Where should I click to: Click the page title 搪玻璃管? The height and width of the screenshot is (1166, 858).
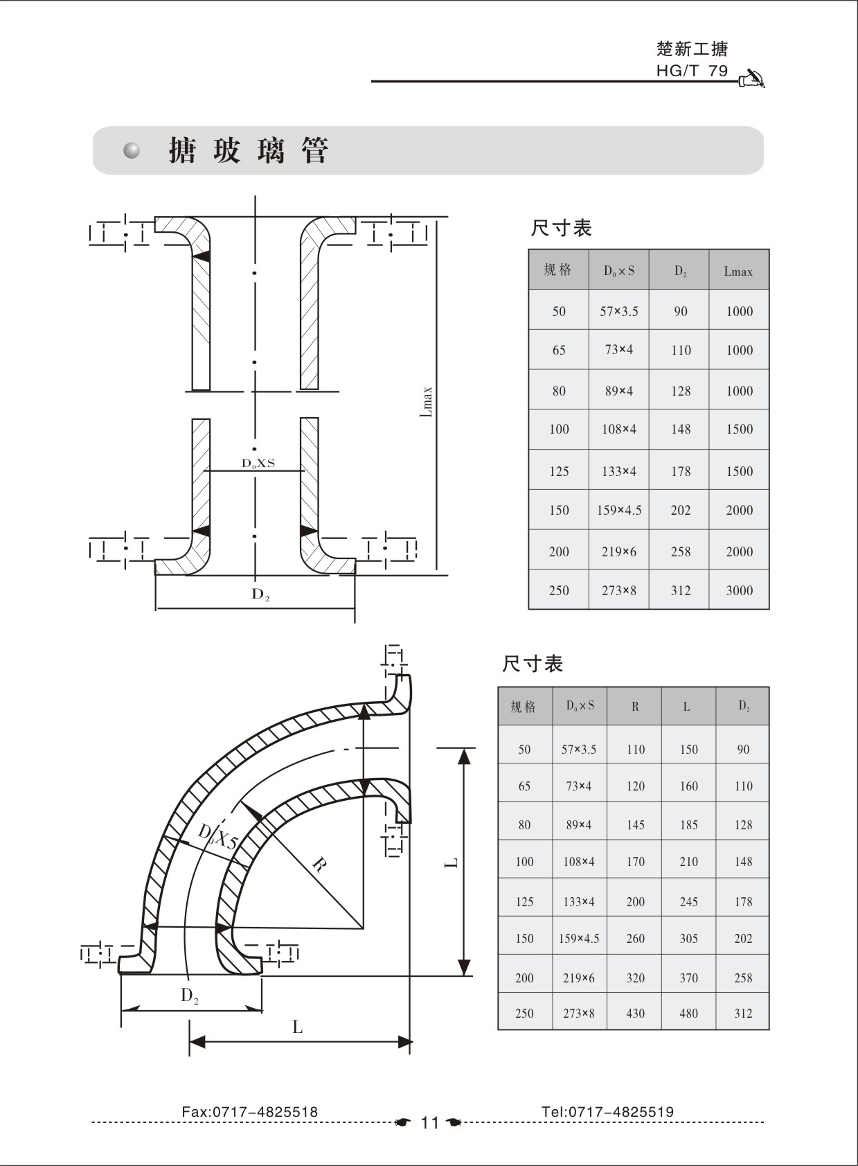click(249, 150)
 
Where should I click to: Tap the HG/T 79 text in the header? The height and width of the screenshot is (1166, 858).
click(692, 71)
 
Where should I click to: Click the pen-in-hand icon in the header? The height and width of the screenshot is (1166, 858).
click(752, 80)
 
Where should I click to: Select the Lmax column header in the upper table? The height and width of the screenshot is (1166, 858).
click(738, 272)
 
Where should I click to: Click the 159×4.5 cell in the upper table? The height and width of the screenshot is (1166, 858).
click(619, 511)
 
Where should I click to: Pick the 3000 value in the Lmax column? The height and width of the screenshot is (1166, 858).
click(739, 591)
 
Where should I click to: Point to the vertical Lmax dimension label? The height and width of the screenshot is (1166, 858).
click(427, 402)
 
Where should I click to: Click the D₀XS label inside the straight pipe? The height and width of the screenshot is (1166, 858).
click(258, 463)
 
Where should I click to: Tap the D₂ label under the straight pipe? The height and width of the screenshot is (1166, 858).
click(260, 594)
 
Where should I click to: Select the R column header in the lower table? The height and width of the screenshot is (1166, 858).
click(635, 707)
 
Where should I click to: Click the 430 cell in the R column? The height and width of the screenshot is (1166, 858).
click(635, 1014)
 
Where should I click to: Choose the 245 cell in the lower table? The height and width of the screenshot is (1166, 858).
click(688, 902)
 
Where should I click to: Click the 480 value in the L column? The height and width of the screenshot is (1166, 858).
click(688, 1014)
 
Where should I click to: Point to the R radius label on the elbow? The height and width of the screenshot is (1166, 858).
click(319, 864)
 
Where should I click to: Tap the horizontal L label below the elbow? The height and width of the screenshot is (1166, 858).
click(298, 1027)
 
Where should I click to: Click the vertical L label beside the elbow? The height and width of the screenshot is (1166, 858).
click(451, 863)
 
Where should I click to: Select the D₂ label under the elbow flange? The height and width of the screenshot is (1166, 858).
click(190, 996)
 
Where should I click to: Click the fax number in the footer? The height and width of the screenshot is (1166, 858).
click(249, 1112)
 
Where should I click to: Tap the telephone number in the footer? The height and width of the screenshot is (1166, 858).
click(607, 1112)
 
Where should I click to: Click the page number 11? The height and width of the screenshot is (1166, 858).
click(429, 1123)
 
